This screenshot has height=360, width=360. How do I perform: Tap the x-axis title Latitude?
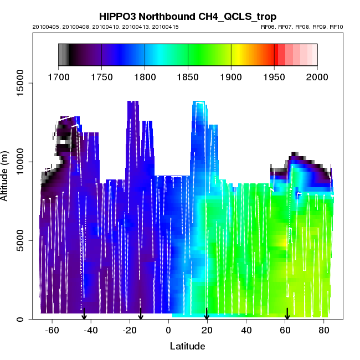pos(187,347)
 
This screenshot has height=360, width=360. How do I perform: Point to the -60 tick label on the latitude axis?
pos(52,331)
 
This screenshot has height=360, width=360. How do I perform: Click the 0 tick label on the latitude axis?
pos(168,331)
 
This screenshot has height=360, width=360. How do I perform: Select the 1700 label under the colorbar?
pos(58,77)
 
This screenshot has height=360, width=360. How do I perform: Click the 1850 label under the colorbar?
pos(188,77)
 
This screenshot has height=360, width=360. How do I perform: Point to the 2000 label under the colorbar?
pos(317,77)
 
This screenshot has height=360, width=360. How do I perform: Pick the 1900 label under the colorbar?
pos(231,77)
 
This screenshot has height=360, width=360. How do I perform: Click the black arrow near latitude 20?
pos(207,314)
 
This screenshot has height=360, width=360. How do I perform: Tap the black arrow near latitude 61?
pos(287,314)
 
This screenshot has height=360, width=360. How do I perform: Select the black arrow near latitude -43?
pos(84,314)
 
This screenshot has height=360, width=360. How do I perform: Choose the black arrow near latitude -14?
pos(141,314)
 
